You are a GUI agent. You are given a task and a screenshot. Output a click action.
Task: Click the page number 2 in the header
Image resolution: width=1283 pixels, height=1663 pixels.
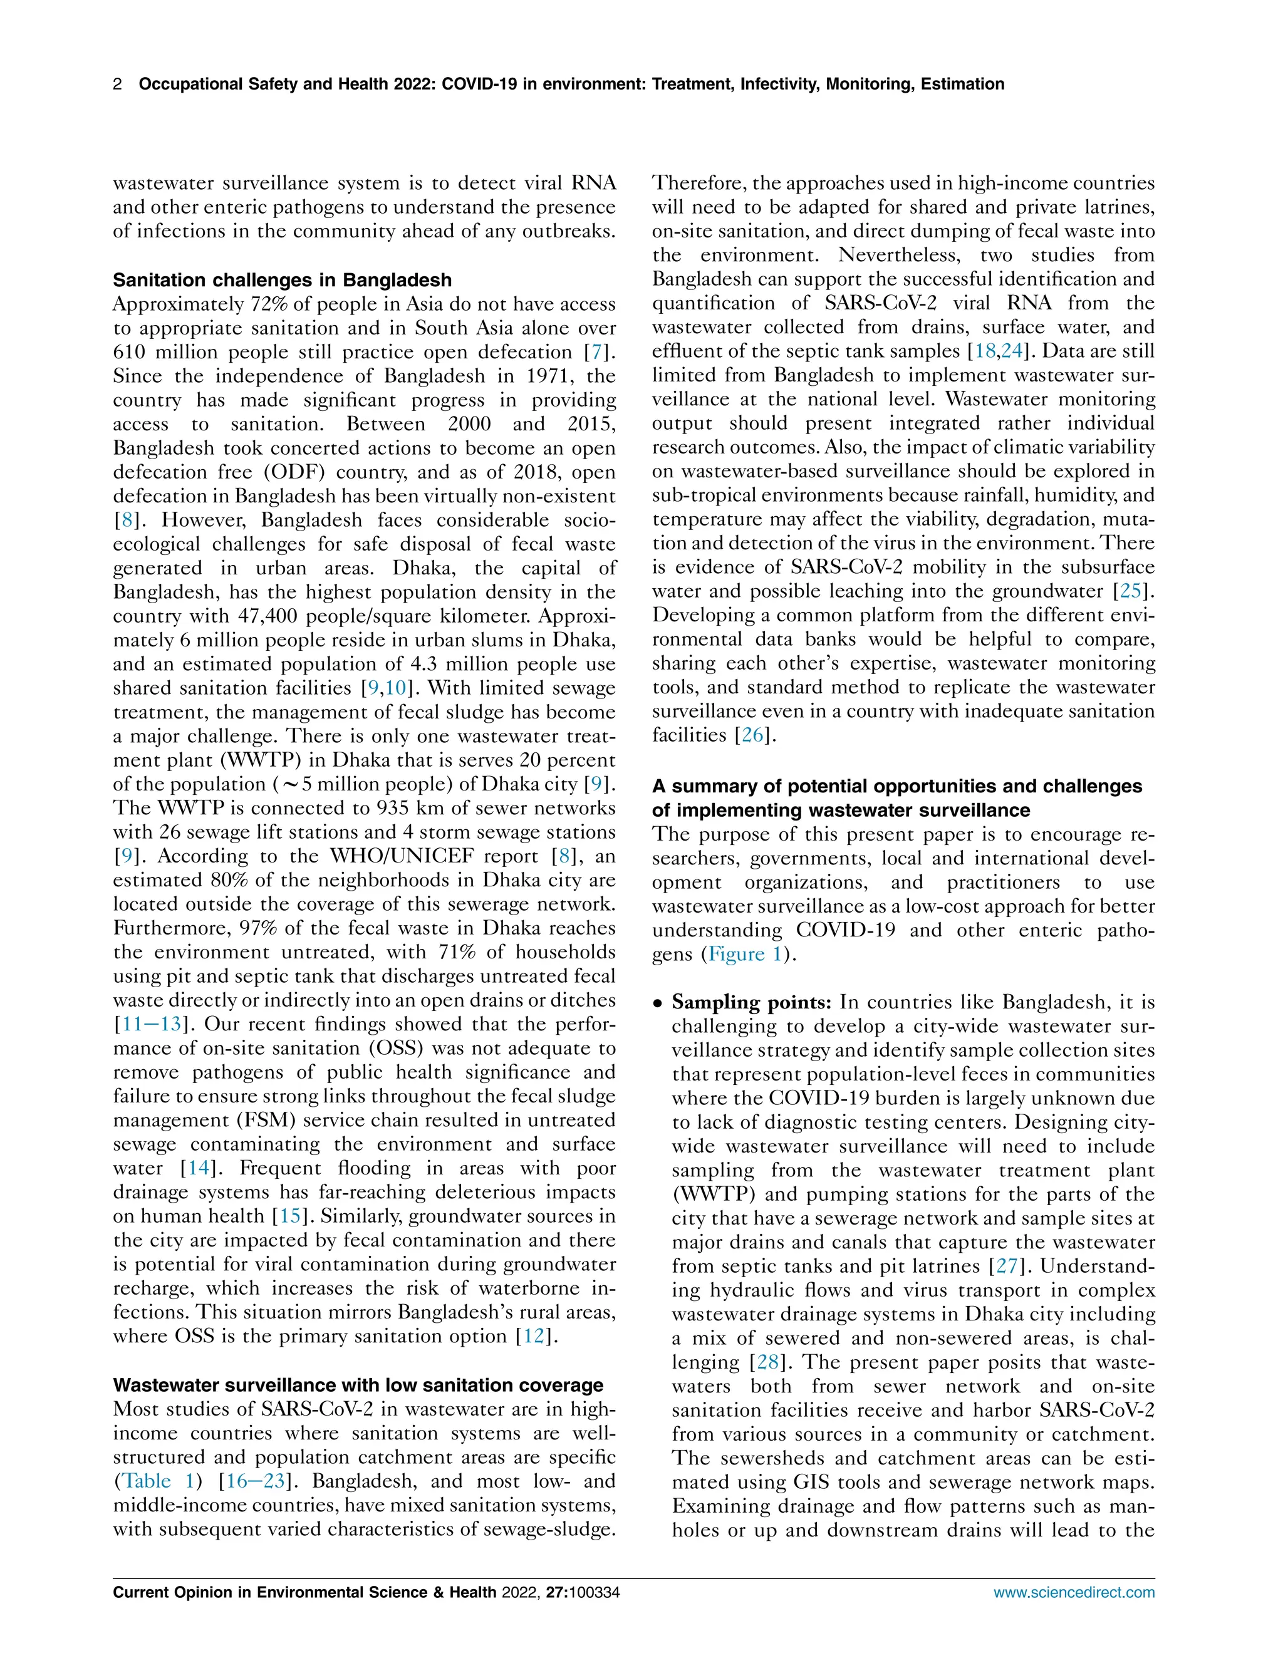(117, 85)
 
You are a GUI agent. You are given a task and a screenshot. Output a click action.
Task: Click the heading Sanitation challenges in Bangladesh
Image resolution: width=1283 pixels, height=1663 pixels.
(283, 280)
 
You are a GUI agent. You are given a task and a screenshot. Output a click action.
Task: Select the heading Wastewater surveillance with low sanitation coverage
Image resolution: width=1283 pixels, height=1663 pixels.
(358, 1385)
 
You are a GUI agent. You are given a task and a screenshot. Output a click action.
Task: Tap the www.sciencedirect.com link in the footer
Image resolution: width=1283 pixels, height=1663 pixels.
(1074, 1592)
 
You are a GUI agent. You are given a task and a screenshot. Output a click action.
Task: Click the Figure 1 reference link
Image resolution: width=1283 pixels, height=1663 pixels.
(745, 954)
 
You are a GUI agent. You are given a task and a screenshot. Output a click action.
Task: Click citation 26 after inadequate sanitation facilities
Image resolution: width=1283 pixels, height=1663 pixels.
(752, 735)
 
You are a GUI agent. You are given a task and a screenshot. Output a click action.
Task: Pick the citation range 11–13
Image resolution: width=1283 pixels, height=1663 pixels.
(152, 1024)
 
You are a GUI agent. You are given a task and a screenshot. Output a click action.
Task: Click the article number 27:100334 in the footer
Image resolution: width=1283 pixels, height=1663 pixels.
(583, 1592)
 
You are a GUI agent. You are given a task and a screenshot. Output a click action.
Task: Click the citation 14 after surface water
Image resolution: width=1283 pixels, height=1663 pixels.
(199, 1168)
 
